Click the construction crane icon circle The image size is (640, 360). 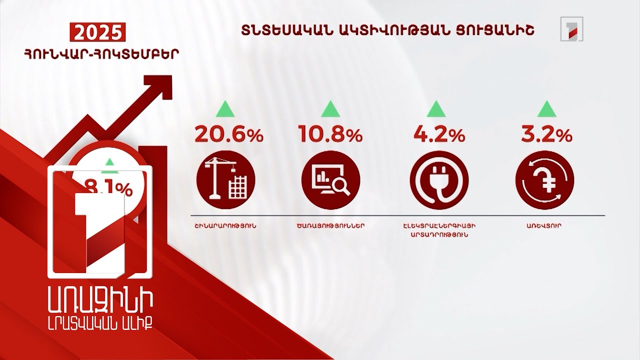226,179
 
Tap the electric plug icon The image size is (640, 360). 439,179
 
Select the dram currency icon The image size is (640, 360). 544,179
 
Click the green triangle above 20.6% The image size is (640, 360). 225,108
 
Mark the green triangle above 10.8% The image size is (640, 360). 330,108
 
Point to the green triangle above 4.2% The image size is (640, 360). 436,108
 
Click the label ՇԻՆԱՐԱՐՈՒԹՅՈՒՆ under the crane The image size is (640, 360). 225,226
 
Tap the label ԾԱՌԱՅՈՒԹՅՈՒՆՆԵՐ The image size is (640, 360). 330,226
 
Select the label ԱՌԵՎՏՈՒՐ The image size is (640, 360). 544,226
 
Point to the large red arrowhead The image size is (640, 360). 158,90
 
